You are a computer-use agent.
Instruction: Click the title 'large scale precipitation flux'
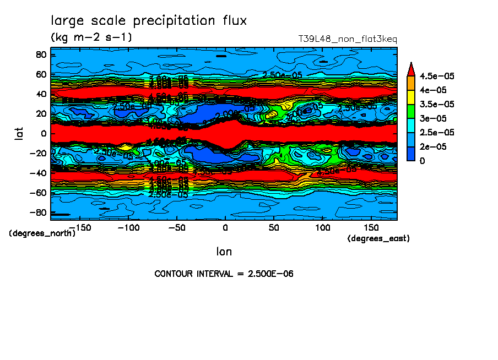149,21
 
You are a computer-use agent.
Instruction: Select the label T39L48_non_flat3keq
347,39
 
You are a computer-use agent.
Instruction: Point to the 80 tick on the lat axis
41,54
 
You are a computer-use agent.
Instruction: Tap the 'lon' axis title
224,252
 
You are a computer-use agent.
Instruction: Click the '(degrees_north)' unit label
42,233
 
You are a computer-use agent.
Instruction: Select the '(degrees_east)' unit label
378,238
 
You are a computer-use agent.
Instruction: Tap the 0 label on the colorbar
422,161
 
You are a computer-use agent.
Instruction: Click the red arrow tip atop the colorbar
410,68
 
